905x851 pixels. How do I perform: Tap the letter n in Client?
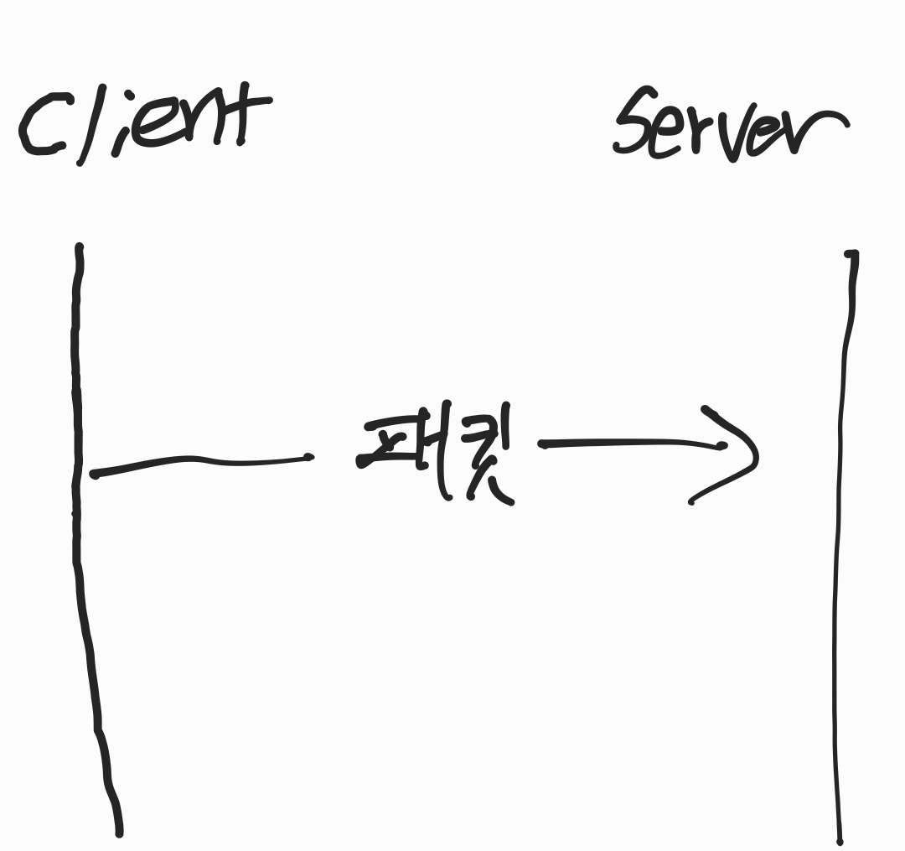coord(205,122)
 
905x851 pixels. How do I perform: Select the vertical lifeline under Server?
coord(840,545)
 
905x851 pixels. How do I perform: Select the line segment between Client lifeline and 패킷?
coord(201,460)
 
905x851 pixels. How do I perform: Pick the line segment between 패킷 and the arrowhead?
coord(628,443)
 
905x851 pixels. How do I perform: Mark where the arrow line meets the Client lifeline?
coord(82,474)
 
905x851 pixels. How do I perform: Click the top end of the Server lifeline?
coord(851,253)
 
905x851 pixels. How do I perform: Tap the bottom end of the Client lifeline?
coord(119,833)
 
